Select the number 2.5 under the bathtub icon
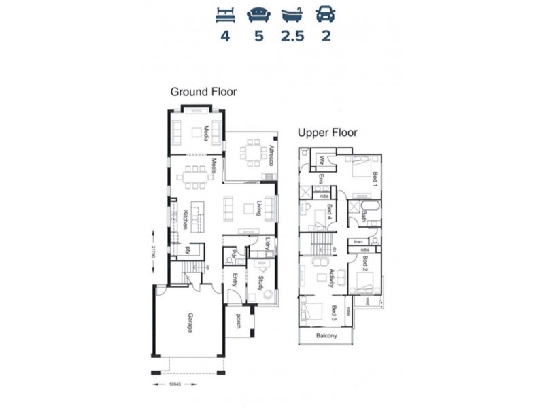tap(292, 36)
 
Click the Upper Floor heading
tap(327, 133)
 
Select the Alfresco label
tap(270, 156)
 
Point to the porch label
tap(239, 322)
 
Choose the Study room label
tap(260, 282)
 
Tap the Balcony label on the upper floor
tap(327, 336)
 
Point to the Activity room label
tap(332, 279)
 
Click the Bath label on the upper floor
tap(364, 216)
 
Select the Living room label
tap(259, 208)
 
